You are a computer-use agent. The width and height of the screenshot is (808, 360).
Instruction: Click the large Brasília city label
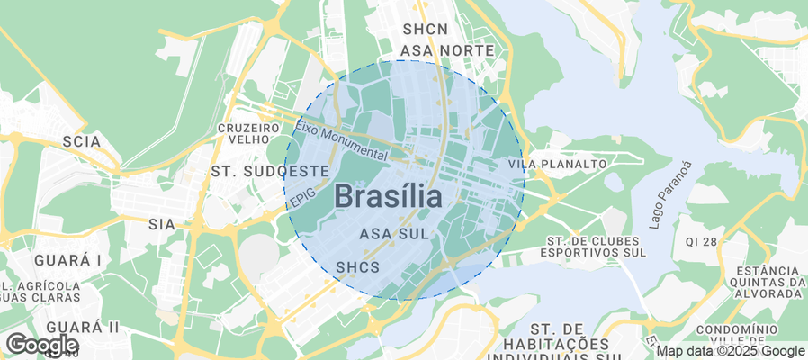[x=388, y=196]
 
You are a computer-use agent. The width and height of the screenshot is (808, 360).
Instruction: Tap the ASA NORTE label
[x=448, y=50]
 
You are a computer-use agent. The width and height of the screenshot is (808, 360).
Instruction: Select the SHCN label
[x=426, y=30]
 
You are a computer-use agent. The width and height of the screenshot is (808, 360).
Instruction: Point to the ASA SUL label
[x=392, y=234]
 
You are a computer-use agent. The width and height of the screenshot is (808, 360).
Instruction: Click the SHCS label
[x=357, y=267]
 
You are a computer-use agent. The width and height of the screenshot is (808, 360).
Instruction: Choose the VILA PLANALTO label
[x=557, y=165]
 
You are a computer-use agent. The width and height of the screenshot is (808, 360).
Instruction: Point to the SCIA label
[x=81, y=141]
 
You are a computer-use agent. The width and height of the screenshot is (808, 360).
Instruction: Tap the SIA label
[x=161, y=223]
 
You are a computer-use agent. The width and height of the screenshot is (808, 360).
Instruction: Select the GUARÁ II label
[x=83, y=325]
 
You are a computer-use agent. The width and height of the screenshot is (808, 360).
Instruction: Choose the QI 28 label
[x=701, y=242]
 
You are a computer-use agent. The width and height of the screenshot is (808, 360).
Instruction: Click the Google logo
[x=41, y=344]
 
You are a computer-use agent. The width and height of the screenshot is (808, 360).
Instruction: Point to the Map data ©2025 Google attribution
[x=730, y=351]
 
